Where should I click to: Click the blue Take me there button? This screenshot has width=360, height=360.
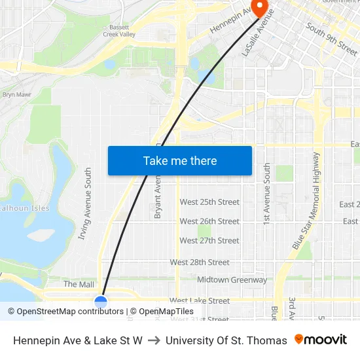tap(179, 160)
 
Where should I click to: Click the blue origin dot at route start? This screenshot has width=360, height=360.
tap(101, 302)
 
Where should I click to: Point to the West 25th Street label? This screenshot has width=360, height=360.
tap(209, 202)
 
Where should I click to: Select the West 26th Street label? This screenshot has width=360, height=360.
tap(209, 221)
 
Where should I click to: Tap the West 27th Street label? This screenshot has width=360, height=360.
tap(209, 241)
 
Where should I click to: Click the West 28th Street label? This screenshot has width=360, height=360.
tap(200, 262)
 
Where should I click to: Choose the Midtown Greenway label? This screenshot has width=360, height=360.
tap(232, 280)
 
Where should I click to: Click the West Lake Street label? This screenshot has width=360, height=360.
tap(200, 301)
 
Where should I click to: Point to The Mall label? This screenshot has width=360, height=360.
tap(79, 285)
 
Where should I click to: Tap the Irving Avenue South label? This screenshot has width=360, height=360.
tap(85, 203)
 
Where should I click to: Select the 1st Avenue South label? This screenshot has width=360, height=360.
tap(267, 195)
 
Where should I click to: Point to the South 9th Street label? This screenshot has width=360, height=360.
tap(331, 39)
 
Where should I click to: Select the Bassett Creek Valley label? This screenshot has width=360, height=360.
tap(119, 31)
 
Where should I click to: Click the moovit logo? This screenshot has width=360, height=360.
tap(320, 340)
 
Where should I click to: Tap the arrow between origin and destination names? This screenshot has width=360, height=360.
tap(154, 340)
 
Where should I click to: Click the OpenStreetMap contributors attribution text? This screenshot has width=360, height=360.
tap(66, 312)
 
